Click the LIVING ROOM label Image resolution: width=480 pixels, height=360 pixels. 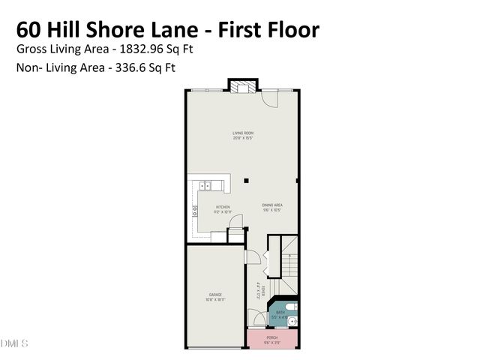point(242,133)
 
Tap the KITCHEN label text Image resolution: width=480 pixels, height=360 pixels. point(223,206)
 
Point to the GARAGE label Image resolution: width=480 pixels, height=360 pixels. point(215,295)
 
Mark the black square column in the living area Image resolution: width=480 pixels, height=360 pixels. point(245,180)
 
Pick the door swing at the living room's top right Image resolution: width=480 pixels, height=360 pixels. point(271,97)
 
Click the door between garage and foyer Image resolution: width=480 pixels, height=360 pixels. point(253,256)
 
